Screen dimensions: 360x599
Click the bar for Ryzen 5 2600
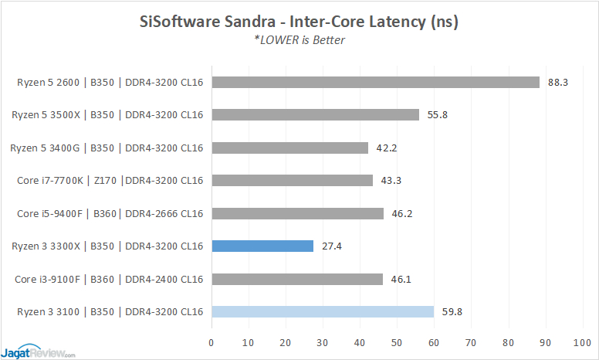(x=375, y=82)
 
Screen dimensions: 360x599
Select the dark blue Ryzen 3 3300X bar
(x=262, y=246)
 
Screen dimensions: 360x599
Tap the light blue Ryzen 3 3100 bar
(x=322, y=312)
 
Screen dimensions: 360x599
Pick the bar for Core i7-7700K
(x=292, y=181)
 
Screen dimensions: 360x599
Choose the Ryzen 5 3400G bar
(x=289, y=148)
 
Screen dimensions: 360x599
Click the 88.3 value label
(x=557, y=82)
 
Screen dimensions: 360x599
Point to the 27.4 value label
(x=332, y=246)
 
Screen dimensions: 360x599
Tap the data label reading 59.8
(x=452, y=312)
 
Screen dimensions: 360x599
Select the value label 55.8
(x=437, y=115)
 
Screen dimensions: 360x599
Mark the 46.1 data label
(x=401, y=280)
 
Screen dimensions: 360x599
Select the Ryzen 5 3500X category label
(x=107, y=115)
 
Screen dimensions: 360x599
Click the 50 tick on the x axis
(x=397, y=342)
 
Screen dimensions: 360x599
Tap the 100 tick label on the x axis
(x=582, y=342)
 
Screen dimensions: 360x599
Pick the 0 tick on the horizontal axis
(x=212, y=342)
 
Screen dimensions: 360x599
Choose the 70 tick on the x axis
(x=471, y=342)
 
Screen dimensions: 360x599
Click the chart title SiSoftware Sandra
(x=299, y=22)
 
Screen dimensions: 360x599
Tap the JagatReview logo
(x=39, y=350)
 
